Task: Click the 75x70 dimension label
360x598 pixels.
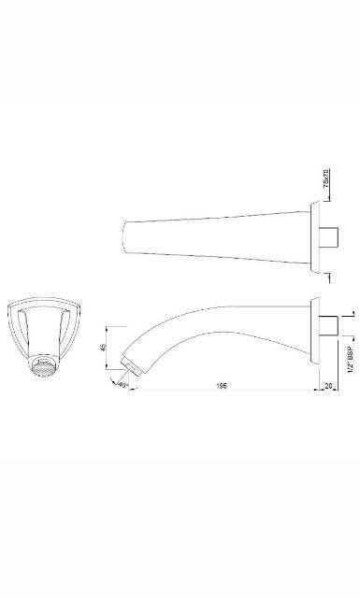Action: click(325, 178)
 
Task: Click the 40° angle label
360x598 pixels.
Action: click(122, 383)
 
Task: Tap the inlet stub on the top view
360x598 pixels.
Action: click(330, 237)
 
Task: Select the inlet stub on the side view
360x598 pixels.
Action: click(330, 325)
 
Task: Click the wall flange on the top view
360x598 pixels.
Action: click(317, 237)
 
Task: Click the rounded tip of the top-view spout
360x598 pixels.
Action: click(126, 237)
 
